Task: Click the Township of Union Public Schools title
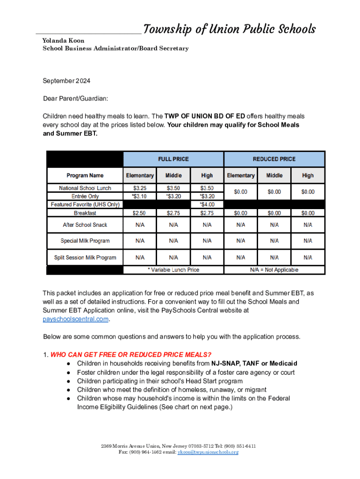pos(229,29)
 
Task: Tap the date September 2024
pos(66,81)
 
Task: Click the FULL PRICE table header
pos(173,159)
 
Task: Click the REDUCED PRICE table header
pos(274,159)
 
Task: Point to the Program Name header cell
pos(85,175)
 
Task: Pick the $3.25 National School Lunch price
pos(140,188)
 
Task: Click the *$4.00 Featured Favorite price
pos(207,204)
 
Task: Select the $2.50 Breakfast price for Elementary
pos(140,213)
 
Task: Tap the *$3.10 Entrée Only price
pos(140,196)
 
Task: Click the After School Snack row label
pos(85,225)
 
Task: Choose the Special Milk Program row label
pos(85,241)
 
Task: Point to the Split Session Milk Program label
pos(85,257)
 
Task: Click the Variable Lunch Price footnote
pos(173,270)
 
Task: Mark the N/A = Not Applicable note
pos(274,270)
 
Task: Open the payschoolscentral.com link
pos(76,319)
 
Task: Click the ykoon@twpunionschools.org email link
pos(208,452)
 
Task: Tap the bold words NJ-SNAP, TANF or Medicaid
pos(254,363)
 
